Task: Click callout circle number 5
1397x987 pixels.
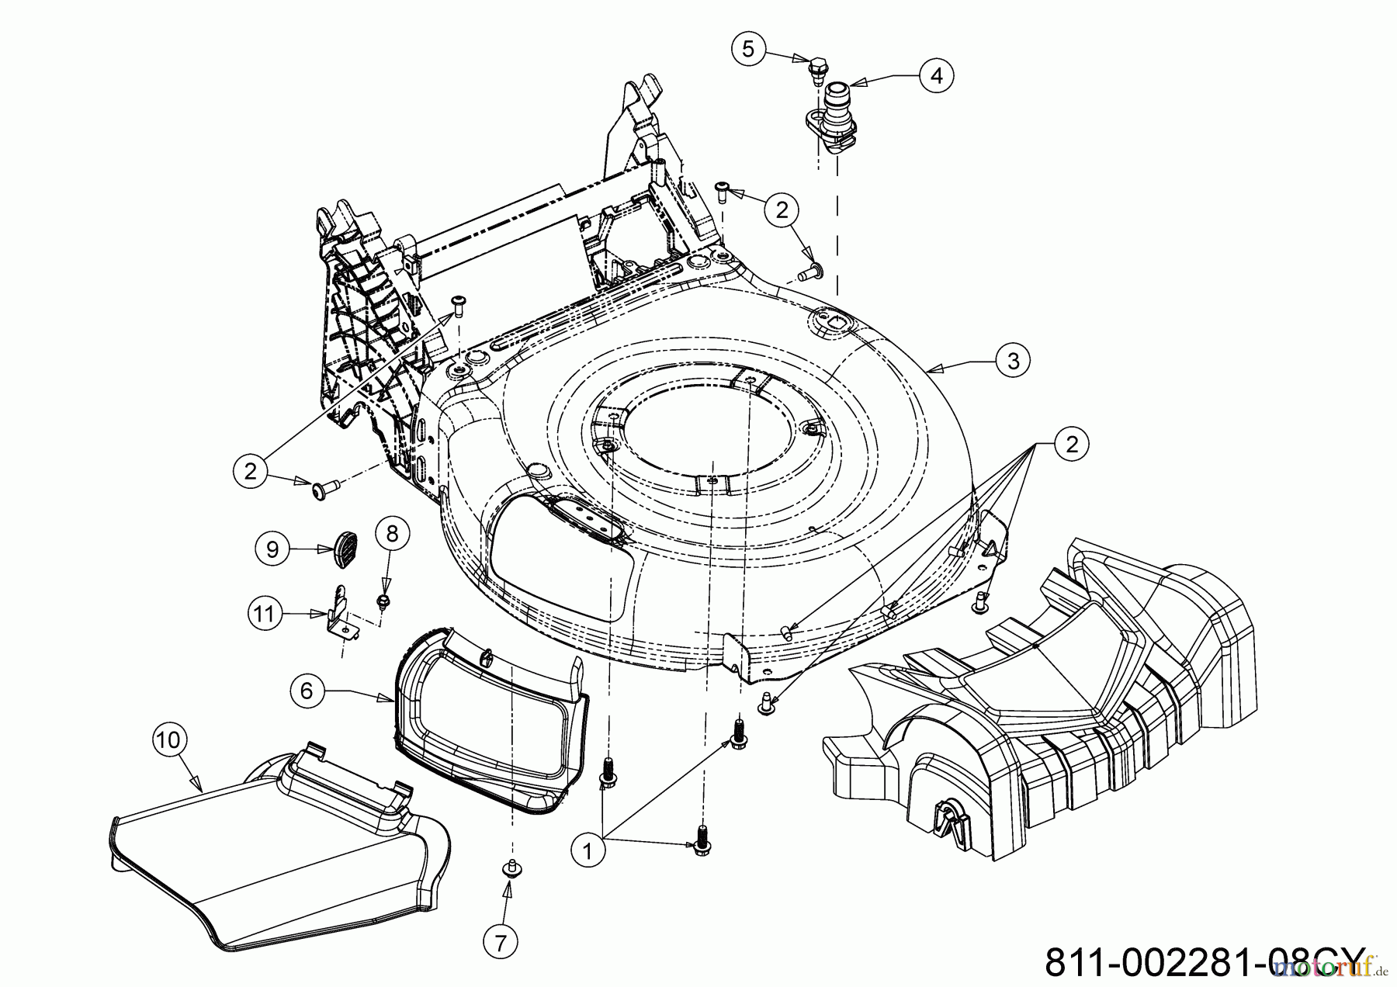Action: (747, 49)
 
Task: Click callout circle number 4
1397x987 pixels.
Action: (936, 75)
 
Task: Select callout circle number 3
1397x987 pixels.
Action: (1013, 360)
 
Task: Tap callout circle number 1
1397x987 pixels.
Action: (588, 851)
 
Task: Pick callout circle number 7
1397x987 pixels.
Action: (501, 943)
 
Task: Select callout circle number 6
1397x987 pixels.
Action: (307, 690)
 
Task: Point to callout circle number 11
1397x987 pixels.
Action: (265, 614)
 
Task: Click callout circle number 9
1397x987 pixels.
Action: (272, 549)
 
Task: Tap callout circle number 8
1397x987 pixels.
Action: (392, 534)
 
